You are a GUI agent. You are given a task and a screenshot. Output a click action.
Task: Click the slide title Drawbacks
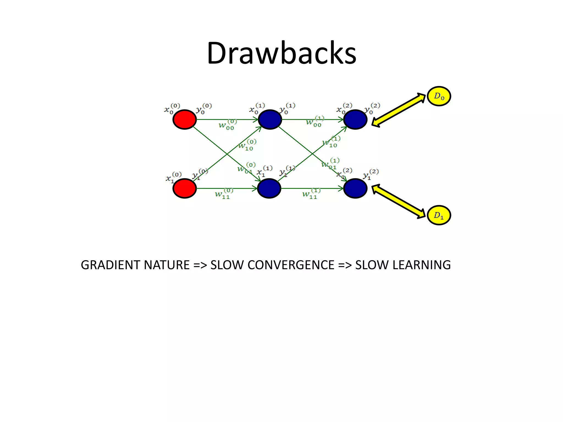[x=281, y=53]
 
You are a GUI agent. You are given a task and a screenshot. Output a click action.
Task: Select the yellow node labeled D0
[x=439, y=96]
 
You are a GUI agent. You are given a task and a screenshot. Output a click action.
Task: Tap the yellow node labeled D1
[x=439, y=215]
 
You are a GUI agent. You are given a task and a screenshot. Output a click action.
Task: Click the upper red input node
[x=184, y=120]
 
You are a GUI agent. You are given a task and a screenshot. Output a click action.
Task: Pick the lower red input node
[x=184, y=188]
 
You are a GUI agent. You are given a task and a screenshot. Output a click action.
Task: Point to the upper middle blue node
[x=270, y=120]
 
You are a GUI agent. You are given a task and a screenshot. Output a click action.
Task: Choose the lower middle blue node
[x=269, y=188]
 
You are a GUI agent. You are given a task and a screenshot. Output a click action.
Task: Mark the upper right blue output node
[x=355, y=120]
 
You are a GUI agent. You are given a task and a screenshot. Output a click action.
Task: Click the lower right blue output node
[x=355, y=188]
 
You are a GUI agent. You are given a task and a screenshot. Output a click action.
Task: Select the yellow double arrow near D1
[x=399, y=201]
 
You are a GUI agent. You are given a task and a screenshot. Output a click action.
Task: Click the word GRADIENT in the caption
[x=111, y=265]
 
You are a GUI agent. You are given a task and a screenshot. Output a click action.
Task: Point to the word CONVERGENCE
[x=291, y=265]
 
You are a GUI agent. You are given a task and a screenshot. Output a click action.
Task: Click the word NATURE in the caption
[x=167, y=265]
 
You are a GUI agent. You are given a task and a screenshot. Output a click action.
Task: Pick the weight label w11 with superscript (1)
[x=311, y=194]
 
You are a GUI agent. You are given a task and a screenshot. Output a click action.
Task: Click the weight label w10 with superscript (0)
[x=247, y=145]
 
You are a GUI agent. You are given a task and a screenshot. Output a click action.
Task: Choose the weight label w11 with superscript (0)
[x=224, y=194]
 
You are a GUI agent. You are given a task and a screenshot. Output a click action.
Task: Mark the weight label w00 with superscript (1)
[x=315, y=121]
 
